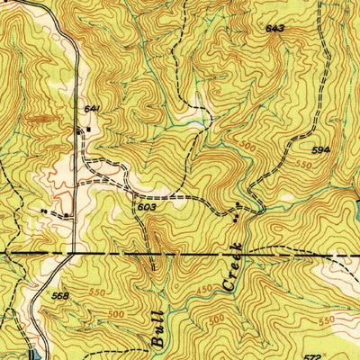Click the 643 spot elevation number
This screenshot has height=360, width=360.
(x=274, y=29)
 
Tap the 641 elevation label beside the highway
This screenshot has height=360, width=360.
(x=91, y=109)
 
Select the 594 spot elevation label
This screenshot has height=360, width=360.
(x=321, y=149)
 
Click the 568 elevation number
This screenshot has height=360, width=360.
(x=59, y=297)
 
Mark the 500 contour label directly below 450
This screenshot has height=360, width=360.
(x=216, y=319)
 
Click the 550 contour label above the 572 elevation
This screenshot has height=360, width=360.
(x=325, y=320)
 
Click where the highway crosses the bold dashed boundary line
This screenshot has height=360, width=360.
(x=70, y=255)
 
